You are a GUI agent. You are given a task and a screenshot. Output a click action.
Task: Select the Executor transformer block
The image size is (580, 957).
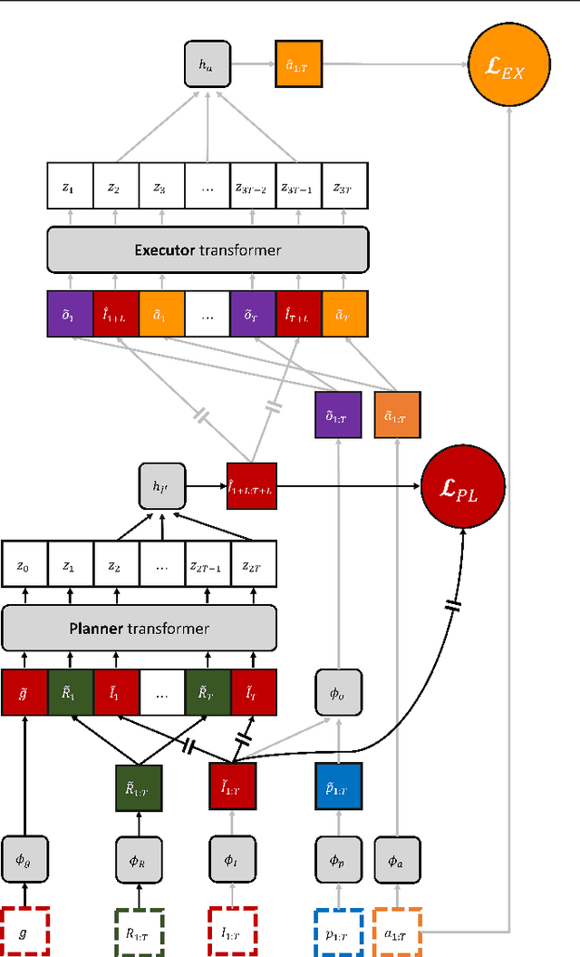208,249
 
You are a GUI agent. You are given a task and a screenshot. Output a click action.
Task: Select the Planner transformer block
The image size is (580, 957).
139,628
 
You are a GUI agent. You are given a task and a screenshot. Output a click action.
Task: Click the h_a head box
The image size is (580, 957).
208,63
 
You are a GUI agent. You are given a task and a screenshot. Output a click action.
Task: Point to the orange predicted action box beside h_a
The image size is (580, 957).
297,63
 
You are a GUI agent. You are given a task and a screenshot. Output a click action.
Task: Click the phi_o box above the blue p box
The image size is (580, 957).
338,693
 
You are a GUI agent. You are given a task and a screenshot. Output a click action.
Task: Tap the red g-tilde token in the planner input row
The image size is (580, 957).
24,693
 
